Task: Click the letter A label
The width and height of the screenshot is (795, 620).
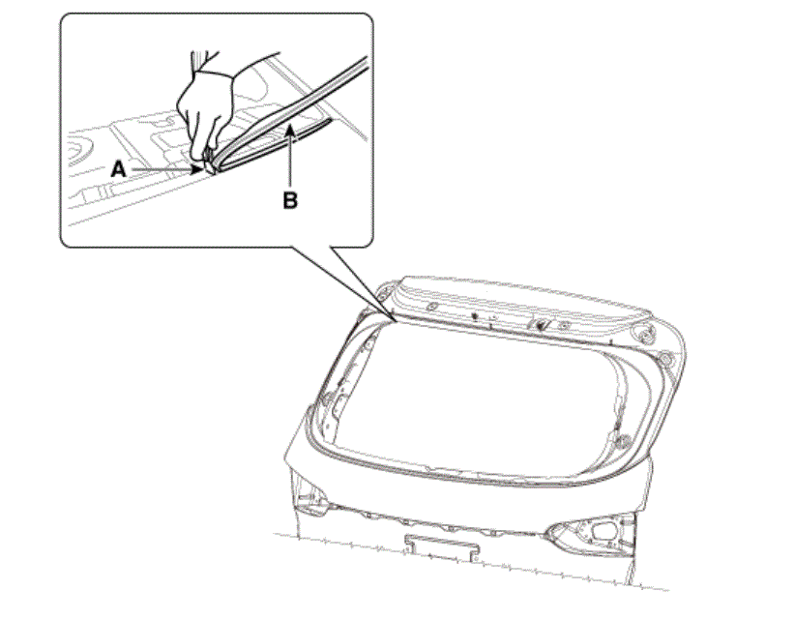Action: tap(118, 169)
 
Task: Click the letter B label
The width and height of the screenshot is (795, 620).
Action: tap(290, 201)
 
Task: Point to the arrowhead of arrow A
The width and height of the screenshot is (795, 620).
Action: tap(196, 169)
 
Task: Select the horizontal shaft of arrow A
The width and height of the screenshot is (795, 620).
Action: tap(162, 169)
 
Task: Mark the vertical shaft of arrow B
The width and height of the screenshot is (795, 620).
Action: tap(289, 161)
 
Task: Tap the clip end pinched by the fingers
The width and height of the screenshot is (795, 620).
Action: tap(209, 164)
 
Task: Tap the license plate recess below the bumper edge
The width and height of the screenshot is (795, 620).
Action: tap(442, 547)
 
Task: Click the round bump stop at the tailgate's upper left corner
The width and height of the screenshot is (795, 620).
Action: tap(383, 291)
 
